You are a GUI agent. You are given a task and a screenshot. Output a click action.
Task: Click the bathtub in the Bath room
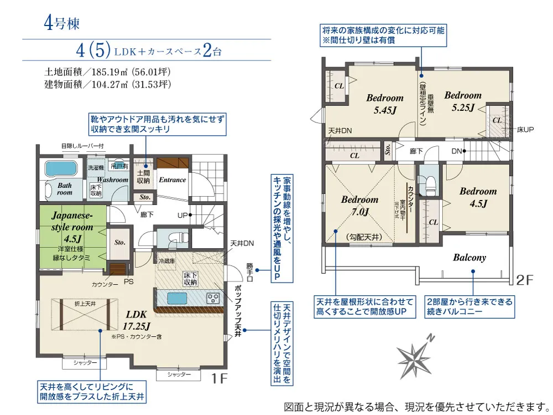tap(61, 168)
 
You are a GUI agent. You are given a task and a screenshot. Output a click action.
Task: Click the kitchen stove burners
tap(213, 298)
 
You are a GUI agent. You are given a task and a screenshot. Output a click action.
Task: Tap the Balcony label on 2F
tap(469, 257)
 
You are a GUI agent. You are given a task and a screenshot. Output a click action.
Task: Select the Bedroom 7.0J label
tap(359, 206)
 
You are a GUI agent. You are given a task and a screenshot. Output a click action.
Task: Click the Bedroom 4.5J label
tap(478, 197)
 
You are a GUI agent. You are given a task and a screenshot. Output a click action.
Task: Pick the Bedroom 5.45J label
tap(385, 104)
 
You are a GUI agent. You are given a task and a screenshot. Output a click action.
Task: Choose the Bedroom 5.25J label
tap(463, 101)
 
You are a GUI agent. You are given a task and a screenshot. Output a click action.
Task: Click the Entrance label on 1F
tap(173, 180)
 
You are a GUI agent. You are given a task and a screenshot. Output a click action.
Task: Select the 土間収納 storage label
tap(144, 176)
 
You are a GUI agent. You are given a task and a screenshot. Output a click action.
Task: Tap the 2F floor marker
tap(524, 280)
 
